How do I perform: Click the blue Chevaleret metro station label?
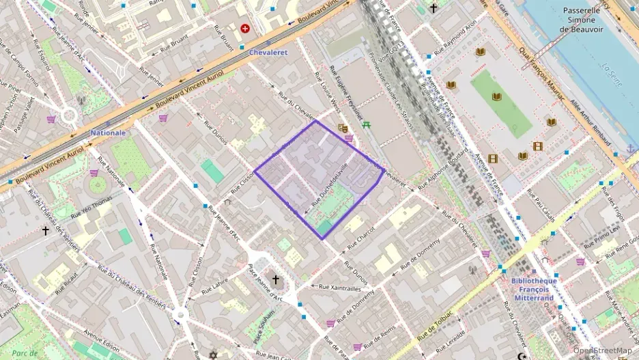pos(268,52)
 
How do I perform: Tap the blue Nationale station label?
pos(108,133)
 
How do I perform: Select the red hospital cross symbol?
pos(245,29)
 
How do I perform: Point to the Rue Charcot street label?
pos(361,236)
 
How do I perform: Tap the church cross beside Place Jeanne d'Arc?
pos(276,279)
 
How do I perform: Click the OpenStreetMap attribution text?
pos(601,350)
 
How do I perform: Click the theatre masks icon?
pos(343,128)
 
